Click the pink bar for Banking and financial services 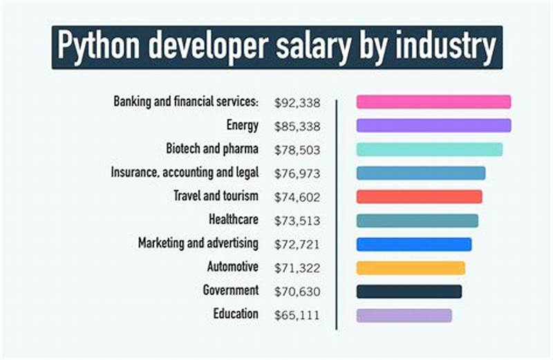(433, 102)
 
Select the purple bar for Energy (433, 125)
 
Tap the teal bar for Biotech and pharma (429, 149)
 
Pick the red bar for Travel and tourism (419, 196)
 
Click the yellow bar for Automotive (411, 267)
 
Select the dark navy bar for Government (409, 291)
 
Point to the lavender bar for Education (404, 315)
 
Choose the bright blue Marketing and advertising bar (414, 244)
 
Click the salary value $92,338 (297, 102)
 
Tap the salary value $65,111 (297, 315)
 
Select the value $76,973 (297, 173)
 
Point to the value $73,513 (297, 220)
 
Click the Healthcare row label (233, 220)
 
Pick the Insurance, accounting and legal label (185, 173)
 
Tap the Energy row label (242, 125)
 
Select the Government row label (230, 290)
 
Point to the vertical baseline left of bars (337, 214)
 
